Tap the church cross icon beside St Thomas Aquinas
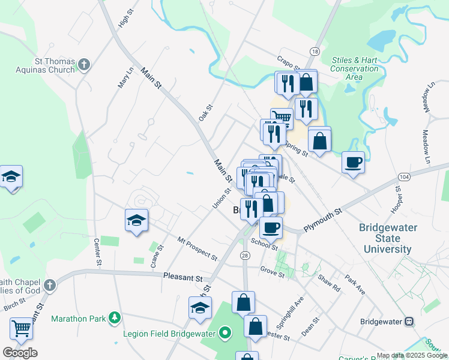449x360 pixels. (85, 64)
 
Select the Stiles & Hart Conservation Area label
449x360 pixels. (355, 68)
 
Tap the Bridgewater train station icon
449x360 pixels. (409, 321)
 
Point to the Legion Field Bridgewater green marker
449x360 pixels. (225, 331)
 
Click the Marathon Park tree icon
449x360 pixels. (112, 318)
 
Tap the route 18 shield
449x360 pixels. (315, 52)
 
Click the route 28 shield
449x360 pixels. (245, 256)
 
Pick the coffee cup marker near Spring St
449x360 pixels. (353, 161)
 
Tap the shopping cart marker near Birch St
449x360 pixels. (21, 328)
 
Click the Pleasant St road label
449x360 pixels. (182, 277)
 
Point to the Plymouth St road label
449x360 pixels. (322, 216)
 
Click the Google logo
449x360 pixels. (20, 353)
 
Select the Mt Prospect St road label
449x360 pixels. (197, 248)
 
